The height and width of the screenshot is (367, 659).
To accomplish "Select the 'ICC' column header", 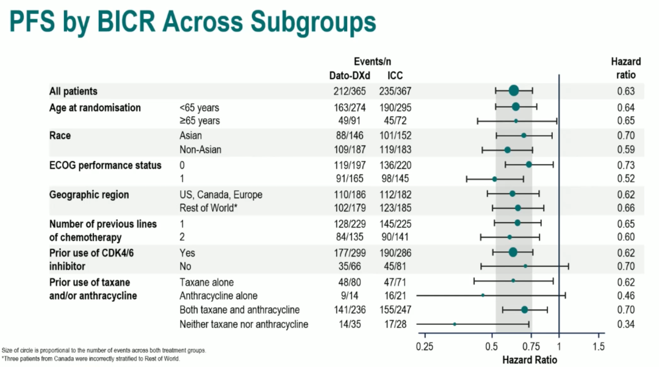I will point(395,76).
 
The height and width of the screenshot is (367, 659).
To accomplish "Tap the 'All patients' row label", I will point(73,91).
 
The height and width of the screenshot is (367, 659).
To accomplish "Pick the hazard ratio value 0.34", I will point(626,324).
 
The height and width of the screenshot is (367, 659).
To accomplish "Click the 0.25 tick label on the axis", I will point(424,347).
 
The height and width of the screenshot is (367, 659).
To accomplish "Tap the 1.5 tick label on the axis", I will point(599,347).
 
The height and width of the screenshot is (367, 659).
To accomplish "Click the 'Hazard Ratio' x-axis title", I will point(530,360).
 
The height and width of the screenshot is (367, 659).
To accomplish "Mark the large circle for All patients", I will point(514,91).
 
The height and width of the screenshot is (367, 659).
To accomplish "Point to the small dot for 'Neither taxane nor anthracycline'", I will point(455,324).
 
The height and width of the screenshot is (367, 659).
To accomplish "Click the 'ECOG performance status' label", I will point(106,165).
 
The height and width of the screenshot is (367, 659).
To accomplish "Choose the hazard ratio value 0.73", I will point(626,165).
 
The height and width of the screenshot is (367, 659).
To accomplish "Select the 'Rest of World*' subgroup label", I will point(208,208).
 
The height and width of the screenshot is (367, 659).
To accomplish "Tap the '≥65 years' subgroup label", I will point(200,121).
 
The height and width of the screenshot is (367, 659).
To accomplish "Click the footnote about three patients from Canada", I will point(91,358).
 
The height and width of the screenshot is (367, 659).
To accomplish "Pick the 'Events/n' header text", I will point(372,62).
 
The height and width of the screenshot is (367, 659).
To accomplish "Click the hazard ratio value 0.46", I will point(626,296).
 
